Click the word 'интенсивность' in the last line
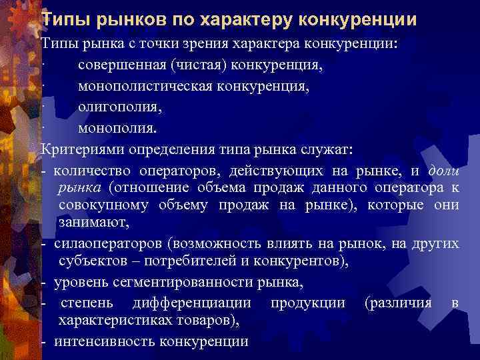point(104,341)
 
